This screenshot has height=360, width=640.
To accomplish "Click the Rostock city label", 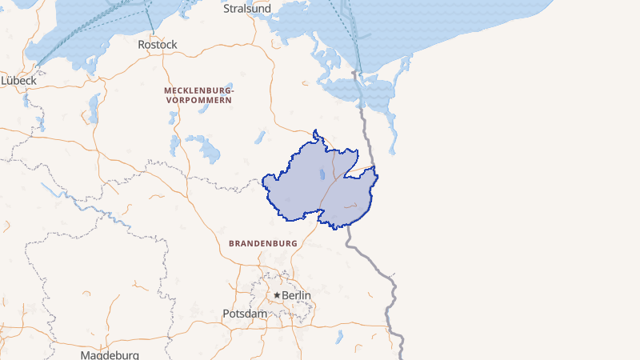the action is coord(157,45).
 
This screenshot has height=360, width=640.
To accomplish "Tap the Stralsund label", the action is coord(247,9).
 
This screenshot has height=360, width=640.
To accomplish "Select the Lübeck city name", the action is coord(19,80).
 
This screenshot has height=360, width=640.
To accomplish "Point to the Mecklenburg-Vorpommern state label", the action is coord(198,96).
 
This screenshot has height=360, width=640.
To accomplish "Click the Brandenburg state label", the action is coord(262,242).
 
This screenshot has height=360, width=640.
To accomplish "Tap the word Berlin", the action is coord(296,295).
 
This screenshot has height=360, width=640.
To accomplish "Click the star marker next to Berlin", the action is coord(277,295).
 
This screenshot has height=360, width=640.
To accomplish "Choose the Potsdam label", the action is coord(245,314).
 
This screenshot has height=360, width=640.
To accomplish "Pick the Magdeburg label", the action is coord(110,354).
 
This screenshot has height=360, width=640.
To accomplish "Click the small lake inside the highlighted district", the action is coord(322,174).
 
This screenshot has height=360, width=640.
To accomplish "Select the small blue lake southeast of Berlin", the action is coord(339,336).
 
